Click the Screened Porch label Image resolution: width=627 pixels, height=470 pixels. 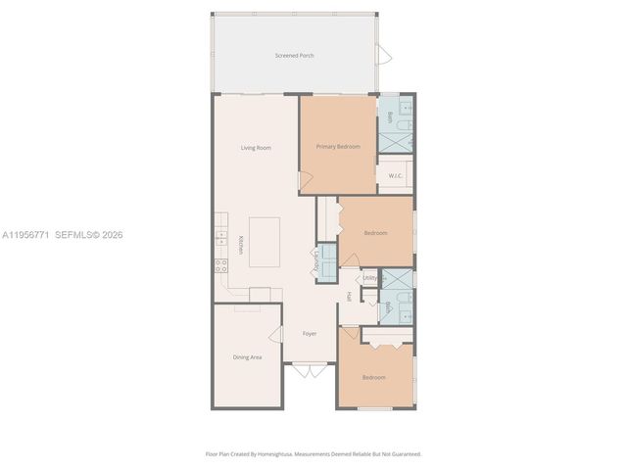[x=294, y=56]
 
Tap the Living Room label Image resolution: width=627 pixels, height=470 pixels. [x=256, y=148]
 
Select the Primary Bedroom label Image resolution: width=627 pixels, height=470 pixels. [x=337, y=147]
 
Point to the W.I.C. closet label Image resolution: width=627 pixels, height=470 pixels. [x=395, y=176]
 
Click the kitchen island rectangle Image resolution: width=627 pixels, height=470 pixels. [x=265, y=241]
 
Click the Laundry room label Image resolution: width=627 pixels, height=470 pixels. [x=316, y=261]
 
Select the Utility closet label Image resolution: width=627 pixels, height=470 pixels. [x=369, y=278]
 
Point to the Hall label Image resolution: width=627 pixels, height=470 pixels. [x=349, y=297]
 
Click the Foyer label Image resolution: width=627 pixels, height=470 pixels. [x=309, y=334]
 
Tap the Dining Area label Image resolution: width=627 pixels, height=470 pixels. [x=247, y=357]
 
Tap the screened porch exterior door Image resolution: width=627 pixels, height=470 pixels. [x=385, y=55]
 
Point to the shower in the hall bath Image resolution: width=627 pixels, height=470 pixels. [x=397, y=278]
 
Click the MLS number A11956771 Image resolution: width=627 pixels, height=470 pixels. [x=27, y=235]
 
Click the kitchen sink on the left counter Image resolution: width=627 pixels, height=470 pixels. [x=219, y=237]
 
